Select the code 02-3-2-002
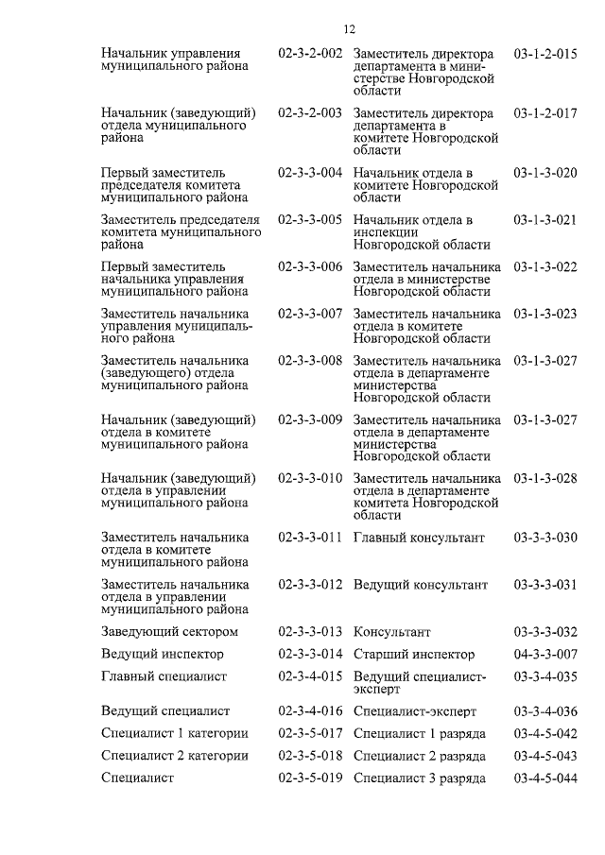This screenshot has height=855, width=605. pyautogui.click(x=310, y=54)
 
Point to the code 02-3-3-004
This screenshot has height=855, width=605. pyautogui.click(x=310, y=173)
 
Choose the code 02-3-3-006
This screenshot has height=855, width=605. pyautogui.click(x=310, y=266)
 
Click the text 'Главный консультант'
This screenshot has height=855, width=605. pyautogui.click(x=419, y=538)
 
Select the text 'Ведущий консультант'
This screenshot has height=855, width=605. pyautogui.click(x=421, y=585)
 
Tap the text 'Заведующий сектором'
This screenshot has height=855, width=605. pyautogui.click(x=169, y=631)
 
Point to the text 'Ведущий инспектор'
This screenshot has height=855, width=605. pyautogui.click(x=163, y=654)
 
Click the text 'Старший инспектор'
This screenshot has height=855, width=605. pyautogui.click(x=414, y=654)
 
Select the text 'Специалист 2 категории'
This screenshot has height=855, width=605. pyautogui.click(x=175, y=756)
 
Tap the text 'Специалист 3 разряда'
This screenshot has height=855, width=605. pyautogui.click(x=420, y=778)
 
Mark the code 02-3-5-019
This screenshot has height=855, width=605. pyautogui.click(x=310, y=778)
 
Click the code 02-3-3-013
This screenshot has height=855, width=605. pyautogui.click(x=310, y=631)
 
